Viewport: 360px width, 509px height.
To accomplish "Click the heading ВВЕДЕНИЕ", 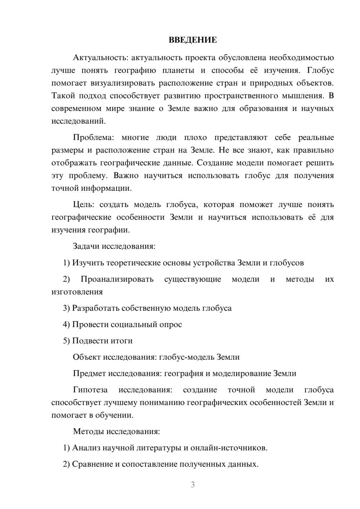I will pyautogui.click(x=193, y=40).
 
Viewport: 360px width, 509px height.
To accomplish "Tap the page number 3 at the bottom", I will pyautogui.click(x=193, y=485).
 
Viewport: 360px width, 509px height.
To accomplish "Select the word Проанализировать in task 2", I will pyautogui.click(x=117, y=279).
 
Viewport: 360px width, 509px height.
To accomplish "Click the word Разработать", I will pyautogui.click(x=95, y=308).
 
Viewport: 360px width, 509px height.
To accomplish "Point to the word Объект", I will pyautogui.click(x=87, y=357).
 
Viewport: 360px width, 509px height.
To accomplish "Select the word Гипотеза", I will pyautogui.click(x=90, y=390).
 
